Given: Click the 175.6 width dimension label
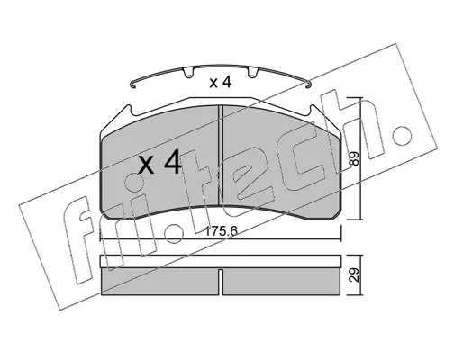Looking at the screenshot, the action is click(221, 231).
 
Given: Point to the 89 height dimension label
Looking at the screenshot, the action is click(355, 158).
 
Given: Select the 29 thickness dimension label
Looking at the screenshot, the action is click(355, 274).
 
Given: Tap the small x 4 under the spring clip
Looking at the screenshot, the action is click(221, 82).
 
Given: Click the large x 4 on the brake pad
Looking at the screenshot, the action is click(159, 162).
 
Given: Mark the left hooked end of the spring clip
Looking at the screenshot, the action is click(133, 85).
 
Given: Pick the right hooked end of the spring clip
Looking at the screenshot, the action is click(307, 85).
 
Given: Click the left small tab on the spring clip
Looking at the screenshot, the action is click(188, 73).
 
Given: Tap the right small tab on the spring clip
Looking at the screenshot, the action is click(252, 73).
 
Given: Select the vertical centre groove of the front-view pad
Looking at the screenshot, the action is click(221, 156).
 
